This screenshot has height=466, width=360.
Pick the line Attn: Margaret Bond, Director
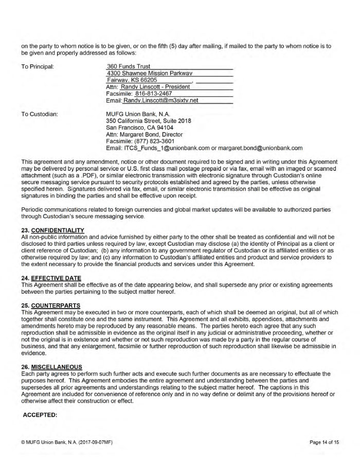pyautogui.click(x=140, y=134)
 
